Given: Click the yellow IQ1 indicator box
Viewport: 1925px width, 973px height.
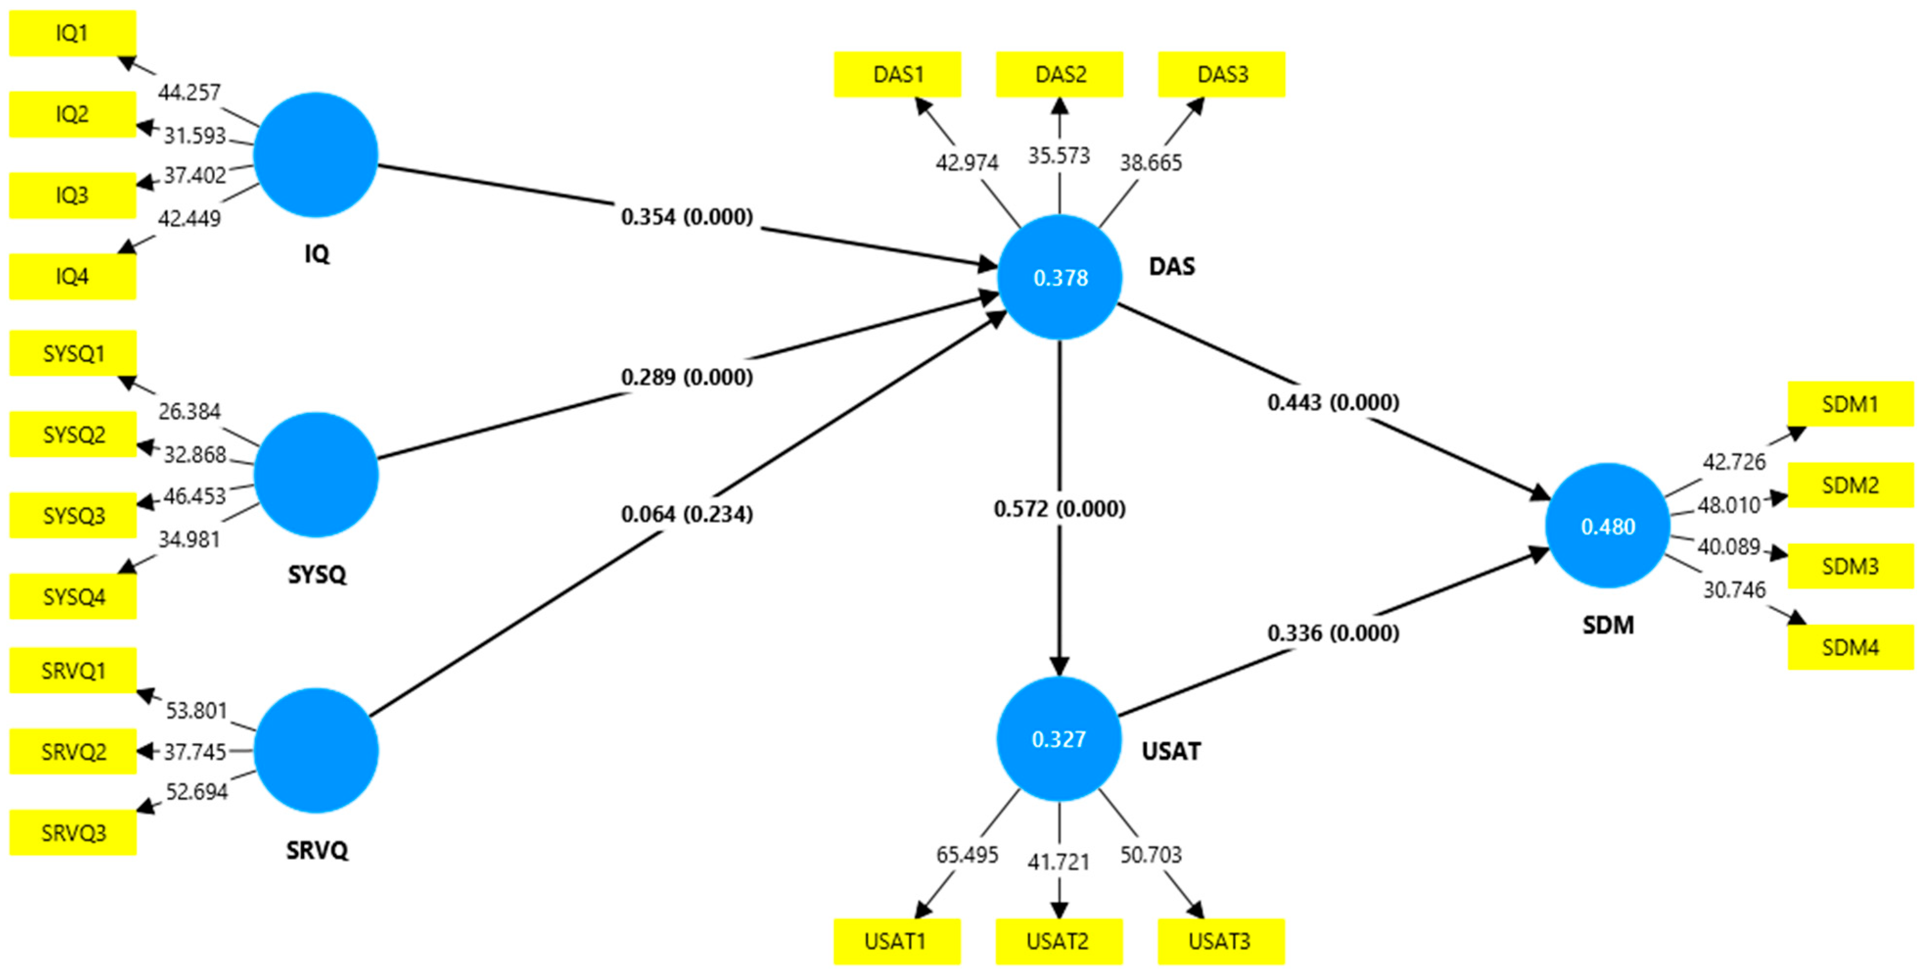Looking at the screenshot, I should tap(72, 33).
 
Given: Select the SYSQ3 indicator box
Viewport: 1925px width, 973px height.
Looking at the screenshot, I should tap(73, 516).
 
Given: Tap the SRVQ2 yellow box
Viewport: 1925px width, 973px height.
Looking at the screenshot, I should tap(73, 751).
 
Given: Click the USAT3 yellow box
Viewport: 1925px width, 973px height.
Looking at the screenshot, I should tap(1220, 941).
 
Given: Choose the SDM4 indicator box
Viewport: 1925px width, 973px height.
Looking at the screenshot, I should tap(1850, 647).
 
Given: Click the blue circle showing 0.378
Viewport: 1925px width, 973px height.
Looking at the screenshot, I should tap(1060, 277).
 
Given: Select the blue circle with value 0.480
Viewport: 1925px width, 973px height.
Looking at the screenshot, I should tap(1607, 526).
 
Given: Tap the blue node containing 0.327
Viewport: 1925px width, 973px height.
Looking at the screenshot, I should tap(1059, 739).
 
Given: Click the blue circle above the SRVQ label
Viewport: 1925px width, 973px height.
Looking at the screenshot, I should tap(316, 750).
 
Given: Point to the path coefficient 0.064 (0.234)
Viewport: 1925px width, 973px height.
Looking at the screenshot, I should tap(687, 514).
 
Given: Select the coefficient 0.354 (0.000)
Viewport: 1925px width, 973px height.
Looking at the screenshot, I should tap(687, 217).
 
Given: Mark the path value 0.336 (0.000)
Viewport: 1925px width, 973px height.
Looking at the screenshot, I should tap(1333, 633).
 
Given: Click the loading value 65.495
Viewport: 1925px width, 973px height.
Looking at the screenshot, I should tap(967, 854).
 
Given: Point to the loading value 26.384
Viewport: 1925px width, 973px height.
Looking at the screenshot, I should tap(189, 411).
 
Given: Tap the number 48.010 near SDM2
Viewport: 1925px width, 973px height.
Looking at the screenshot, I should tap(1728, 505).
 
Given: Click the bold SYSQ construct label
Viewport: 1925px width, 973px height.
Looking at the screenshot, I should tap(317, 575).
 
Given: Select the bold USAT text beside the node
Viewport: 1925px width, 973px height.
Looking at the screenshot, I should tap(1171, 751).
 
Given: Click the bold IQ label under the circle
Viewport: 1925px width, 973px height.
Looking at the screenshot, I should tap(317, 254).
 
